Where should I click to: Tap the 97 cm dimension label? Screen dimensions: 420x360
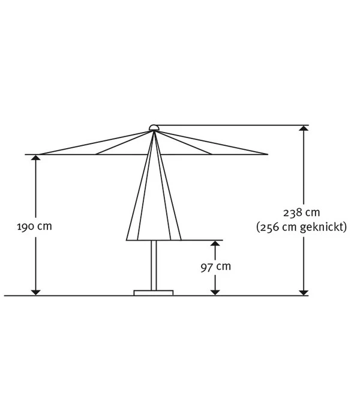[x=215, y=267]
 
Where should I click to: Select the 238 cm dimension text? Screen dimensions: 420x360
[x=301, y=212]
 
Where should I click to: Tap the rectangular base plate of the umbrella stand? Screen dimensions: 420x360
[x=154, y=293]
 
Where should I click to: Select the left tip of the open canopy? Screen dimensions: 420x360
[x=25, y=154]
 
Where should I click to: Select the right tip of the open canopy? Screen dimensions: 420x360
[x=268, y=154]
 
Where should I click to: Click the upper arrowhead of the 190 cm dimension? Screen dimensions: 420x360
[x=36, y=158]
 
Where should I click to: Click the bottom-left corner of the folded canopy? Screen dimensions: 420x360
[x=127, y=240]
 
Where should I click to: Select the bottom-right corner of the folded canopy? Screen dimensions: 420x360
[x=181, y=240]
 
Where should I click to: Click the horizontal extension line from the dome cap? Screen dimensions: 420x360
[x=234, y=125]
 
